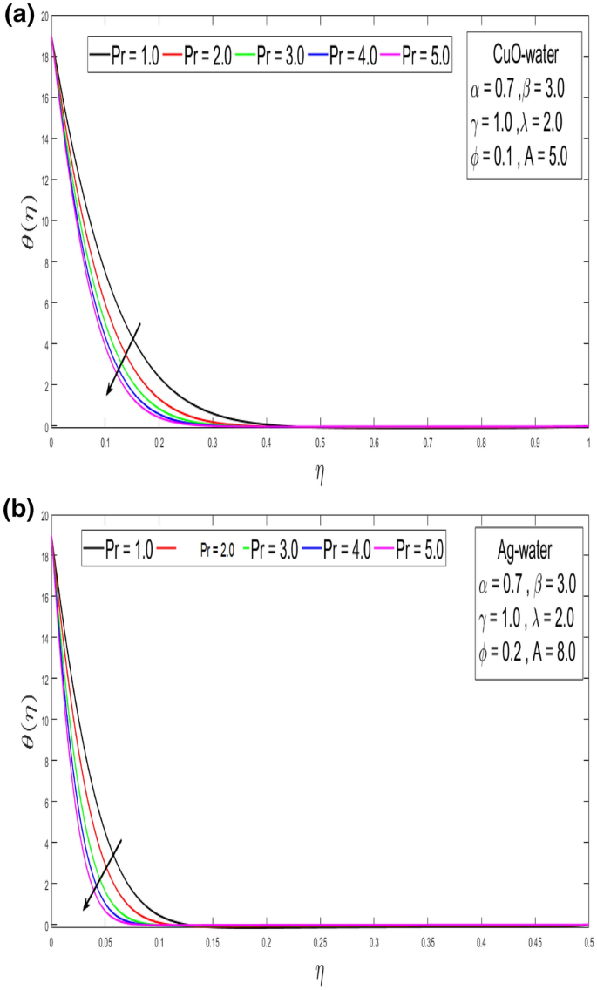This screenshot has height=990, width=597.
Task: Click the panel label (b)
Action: coord(17,509)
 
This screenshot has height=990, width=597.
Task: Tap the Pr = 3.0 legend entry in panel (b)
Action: coord(273,549)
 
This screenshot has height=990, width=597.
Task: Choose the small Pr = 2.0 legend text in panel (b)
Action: coord(216,550)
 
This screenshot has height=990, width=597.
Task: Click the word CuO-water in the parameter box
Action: coord(523,58)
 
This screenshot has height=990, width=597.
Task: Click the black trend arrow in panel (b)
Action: coord(101,875)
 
